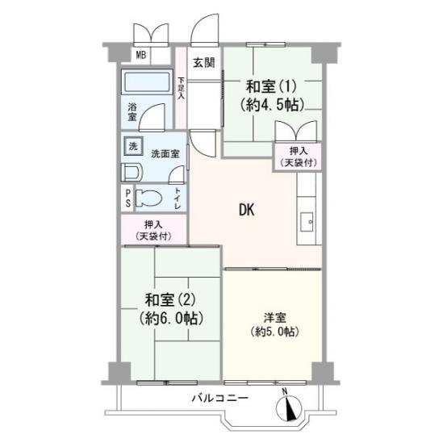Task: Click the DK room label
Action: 247,210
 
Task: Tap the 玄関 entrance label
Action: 203,62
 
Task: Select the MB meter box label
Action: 141,55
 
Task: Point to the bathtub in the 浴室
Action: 147,82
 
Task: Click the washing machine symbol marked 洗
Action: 133,146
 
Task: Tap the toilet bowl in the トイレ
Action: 148,198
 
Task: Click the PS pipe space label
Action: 128,198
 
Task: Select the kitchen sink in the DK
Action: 307,222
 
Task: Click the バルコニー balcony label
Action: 220,398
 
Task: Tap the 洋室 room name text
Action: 274,318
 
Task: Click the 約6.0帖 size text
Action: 171,319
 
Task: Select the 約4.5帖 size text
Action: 272,105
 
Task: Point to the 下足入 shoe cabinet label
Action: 181,88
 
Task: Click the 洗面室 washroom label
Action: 165,154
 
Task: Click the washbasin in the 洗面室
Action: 131,172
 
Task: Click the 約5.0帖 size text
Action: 274,332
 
